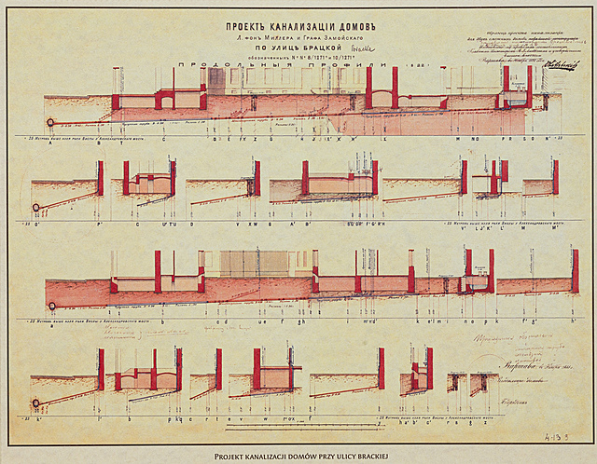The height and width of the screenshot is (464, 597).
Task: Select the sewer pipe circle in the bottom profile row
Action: click(36, 403)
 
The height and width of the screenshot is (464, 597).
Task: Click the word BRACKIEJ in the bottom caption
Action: click(379, 455)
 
